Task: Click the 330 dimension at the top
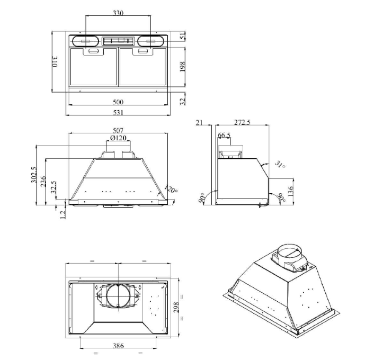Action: click(x=118, y=13)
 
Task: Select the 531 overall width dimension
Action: click(x=118, y=112)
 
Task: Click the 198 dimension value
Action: click(x=183, y=66)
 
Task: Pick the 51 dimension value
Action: click(x=183, y=37)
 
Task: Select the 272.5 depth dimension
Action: click(x=242, y=123)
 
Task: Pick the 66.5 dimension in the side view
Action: click(x=224, y=136)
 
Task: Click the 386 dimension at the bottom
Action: click(x=118, y=346)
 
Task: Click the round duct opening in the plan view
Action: click(x=117, y=298)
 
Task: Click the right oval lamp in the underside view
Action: click(x=150, y=41)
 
